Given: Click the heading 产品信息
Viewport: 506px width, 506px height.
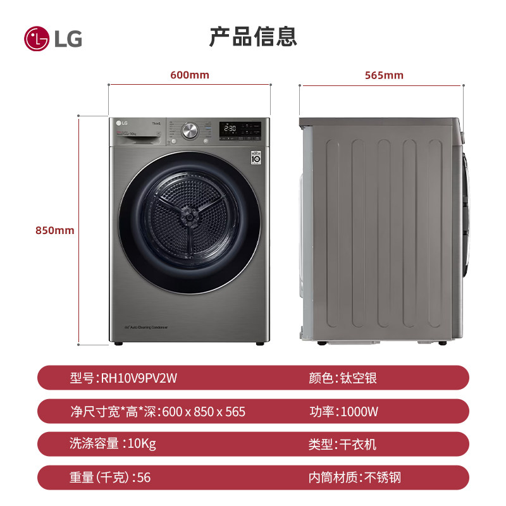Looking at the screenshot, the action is click(x=253, y=37).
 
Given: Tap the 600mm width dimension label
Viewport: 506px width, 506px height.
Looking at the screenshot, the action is click(x=189, y=75).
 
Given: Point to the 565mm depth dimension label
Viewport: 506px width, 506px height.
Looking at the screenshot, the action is click(x=384, y=75).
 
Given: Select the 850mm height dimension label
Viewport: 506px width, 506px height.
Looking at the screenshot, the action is click(x=54, y=230).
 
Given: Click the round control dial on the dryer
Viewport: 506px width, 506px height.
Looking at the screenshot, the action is click(x=189, y=131).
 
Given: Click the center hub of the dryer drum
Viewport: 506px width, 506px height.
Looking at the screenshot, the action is click(x=188, y=216).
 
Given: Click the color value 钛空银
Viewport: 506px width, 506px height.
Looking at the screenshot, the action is click(x=357, y=378).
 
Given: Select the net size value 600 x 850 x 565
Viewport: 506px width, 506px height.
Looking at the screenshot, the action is click(x=204, y=412).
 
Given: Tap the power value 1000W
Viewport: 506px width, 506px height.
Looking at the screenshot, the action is click(x=359, y=412).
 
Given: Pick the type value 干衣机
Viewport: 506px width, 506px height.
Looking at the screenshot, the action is click(x=357, y=444).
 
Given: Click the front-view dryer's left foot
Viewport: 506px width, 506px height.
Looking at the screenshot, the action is click(x=117, y=343).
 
